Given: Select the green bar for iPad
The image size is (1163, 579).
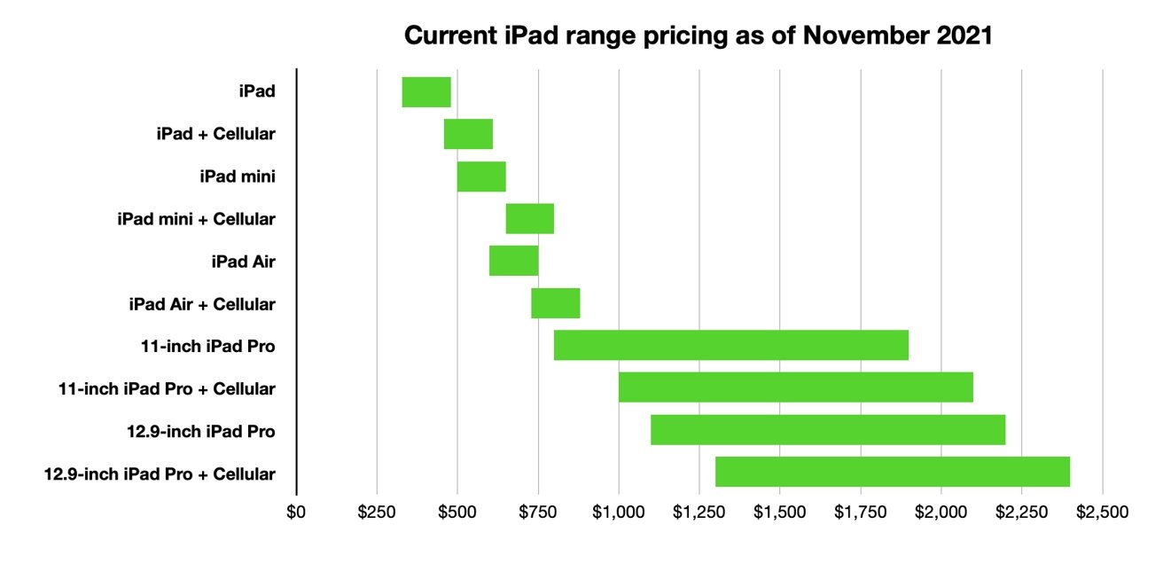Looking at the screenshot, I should (x=426, y=92).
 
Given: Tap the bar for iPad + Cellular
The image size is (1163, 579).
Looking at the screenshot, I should (x=468, y=134).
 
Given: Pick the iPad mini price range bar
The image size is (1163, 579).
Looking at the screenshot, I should (x=481, y=176).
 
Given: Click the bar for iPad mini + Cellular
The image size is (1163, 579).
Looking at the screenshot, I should (x=529, y=219).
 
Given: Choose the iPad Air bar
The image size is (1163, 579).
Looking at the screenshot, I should (x=513, y=261).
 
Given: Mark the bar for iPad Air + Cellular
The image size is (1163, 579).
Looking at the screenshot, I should (x=555, y=303).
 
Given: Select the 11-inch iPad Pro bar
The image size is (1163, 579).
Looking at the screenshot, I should (x=730, y=345).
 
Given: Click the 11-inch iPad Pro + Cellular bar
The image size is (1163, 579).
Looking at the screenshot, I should (x=795, y=387).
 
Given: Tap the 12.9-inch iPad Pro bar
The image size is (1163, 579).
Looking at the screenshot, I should (x=828, y=429).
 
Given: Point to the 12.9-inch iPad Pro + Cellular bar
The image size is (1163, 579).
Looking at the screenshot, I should (x=892, y=472).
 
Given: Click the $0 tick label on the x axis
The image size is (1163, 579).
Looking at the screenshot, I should (x=297, y=512).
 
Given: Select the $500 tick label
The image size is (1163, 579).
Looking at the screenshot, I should (x=457, y=512).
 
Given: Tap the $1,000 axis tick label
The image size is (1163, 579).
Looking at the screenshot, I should (x=619, y=512).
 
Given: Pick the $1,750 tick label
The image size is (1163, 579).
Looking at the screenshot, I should (x=860, y=512).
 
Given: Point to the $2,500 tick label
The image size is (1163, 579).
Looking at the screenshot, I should (x=1102, y=512).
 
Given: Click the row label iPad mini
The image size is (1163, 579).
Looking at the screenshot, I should (x=238, y=176).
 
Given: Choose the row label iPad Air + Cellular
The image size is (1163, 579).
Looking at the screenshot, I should (x=202, y=304).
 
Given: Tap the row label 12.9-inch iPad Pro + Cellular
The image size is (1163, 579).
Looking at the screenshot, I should (x=160, y=473).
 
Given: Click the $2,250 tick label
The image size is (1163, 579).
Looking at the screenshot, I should (x=1021, y=512).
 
